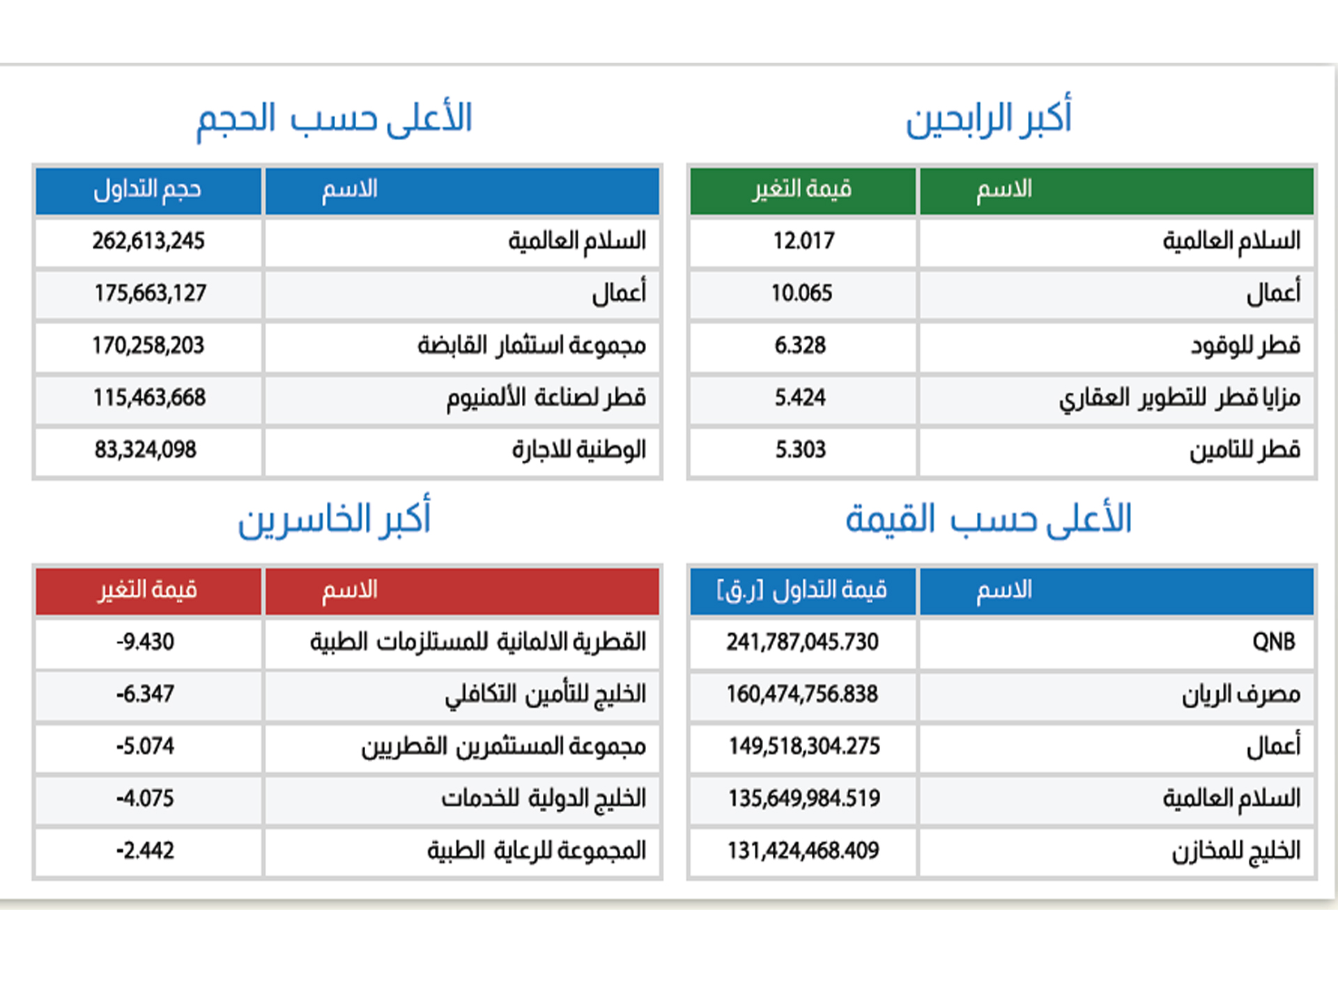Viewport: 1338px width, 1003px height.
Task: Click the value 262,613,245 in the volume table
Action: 148,241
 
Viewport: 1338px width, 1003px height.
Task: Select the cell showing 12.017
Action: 803,241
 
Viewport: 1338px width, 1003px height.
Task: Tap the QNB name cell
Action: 1273,642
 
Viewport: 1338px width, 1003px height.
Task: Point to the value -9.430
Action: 145,642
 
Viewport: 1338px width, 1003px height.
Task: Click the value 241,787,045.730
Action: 802,642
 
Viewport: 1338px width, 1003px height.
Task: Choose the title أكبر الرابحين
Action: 988,118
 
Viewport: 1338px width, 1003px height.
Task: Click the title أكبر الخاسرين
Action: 334,519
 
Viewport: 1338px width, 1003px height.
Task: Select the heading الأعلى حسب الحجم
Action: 334,118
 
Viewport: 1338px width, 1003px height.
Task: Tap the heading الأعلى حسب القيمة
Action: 988,519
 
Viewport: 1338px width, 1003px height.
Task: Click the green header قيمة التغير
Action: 802,189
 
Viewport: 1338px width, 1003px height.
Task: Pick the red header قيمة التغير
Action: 148,591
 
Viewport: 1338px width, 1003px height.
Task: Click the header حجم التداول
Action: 148,189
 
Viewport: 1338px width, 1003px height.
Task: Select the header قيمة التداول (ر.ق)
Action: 802,591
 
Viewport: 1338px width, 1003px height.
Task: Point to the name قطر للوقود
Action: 1245,345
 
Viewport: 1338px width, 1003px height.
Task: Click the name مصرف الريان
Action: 1241,694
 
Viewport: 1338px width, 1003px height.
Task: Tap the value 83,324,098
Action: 146,450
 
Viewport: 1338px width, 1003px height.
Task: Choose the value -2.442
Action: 145,850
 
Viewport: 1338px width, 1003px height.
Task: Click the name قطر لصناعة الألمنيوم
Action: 546,398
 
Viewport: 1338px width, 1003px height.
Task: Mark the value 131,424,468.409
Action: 803,850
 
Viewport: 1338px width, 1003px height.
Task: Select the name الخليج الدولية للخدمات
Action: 544,798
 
